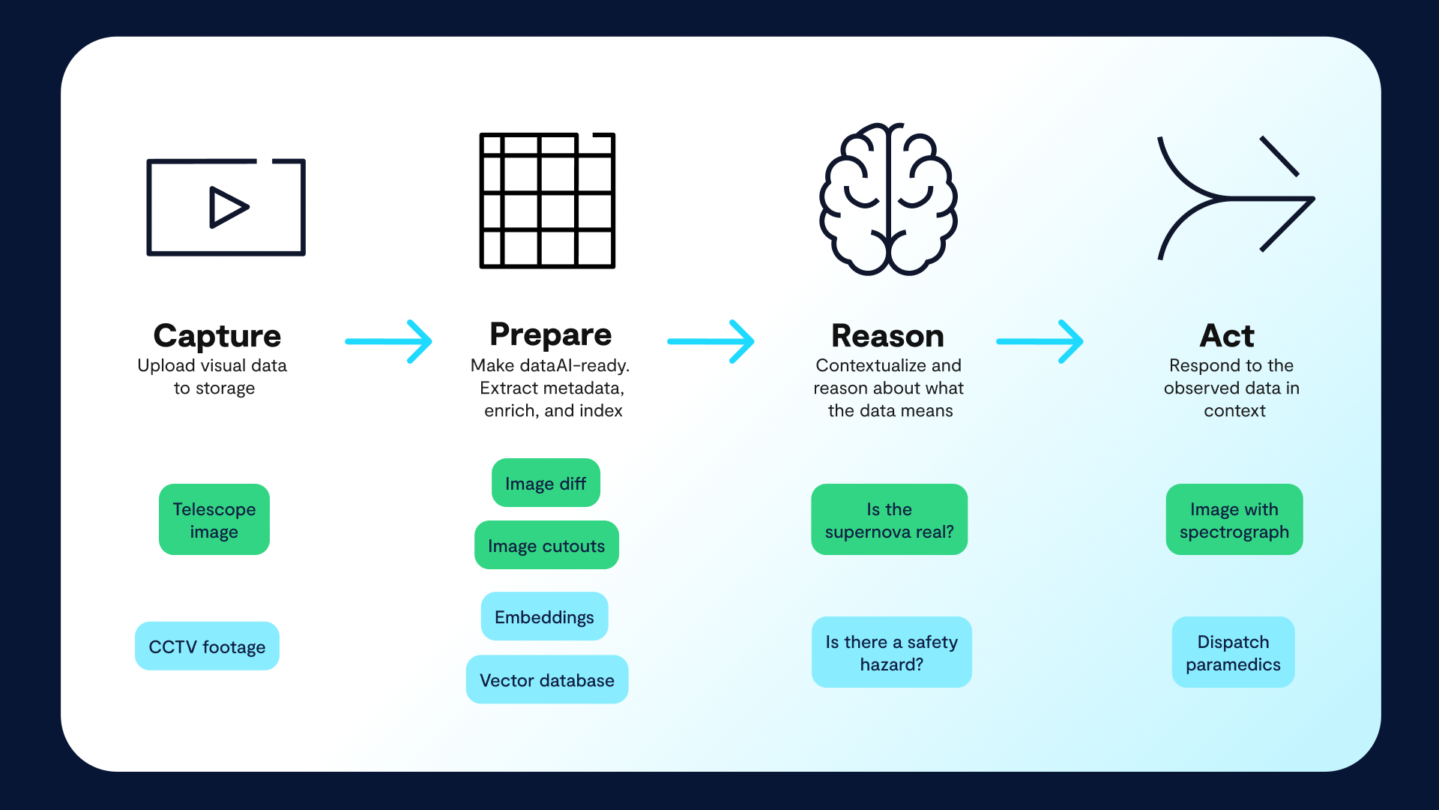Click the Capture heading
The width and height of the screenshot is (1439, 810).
pos(217,336)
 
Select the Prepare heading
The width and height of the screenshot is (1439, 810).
pos(551,335)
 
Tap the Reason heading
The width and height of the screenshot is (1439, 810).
pos(888,336)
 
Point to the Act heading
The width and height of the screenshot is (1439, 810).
pos(1227,336)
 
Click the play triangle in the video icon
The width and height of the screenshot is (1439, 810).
pos(227,207)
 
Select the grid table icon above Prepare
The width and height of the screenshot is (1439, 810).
pos(548,200)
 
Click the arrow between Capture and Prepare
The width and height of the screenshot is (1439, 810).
pos(389,341)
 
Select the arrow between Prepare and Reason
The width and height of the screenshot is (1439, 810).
pos(711,341)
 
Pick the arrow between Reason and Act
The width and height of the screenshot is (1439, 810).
pos(1040,341)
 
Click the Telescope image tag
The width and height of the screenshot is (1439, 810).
pos(214,520)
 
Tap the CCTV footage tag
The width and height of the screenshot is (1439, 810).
pos(208,646)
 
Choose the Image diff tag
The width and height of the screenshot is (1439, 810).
pos(546,483)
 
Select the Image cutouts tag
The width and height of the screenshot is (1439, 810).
pos(546,545)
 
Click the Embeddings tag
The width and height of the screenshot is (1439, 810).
pos(545,616)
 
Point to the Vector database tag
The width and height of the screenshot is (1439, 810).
pos(547,679)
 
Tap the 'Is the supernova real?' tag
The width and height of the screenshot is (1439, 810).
pos(890,520)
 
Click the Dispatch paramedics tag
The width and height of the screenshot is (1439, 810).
pos(1234,652)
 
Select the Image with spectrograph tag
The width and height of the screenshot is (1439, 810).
pos(1234,520)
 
